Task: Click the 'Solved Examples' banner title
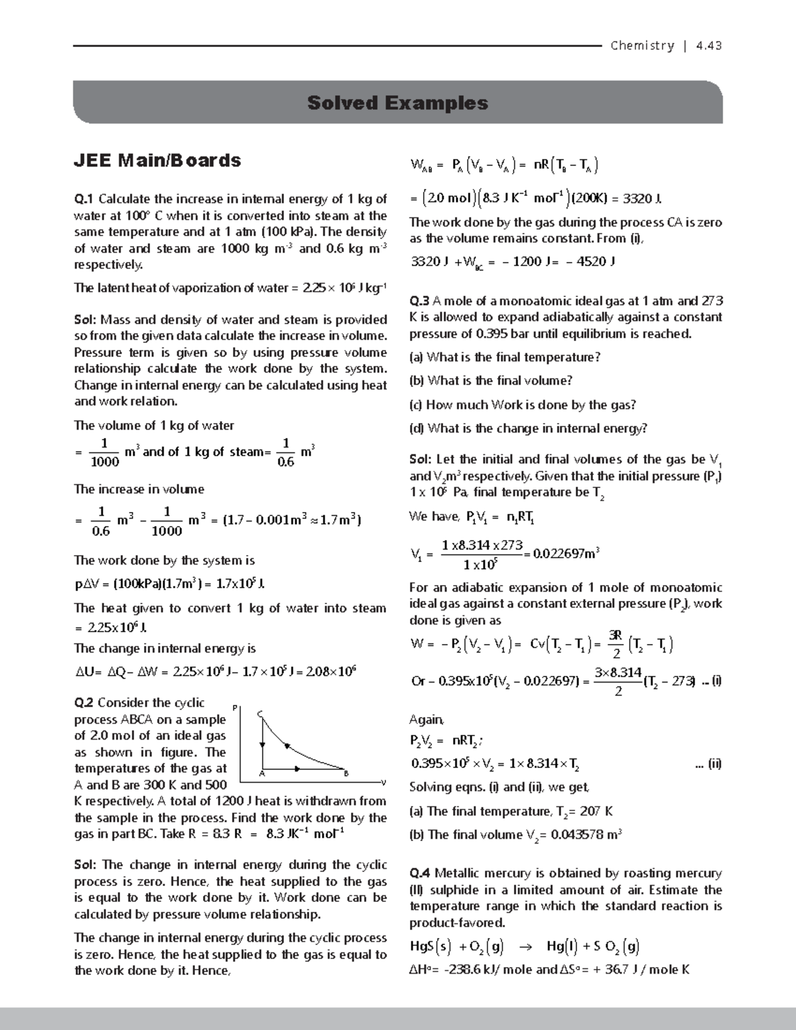tap(397, 103)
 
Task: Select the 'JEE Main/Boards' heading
tap(157, 161)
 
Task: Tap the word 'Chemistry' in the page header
tap(641, 46)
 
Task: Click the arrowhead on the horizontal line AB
tap(297, 768)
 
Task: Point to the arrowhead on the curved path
tap(287, 746)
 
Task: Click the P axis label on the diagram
tap(234, 708)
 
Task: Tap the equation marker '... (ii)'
tap(708, 763)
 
